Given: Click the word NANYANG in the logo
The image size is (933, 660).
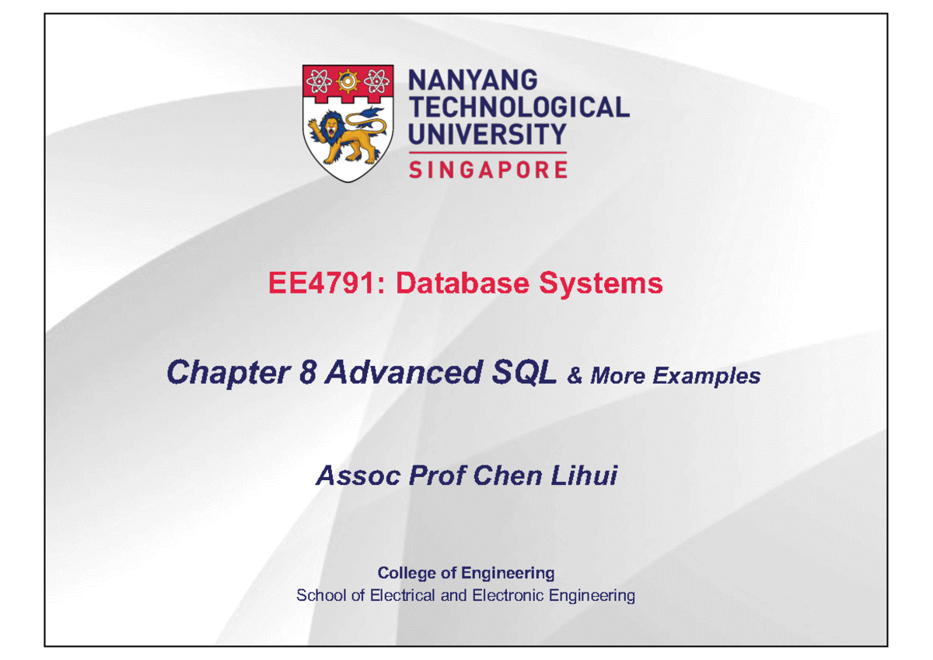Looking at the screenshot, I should coord(473,81).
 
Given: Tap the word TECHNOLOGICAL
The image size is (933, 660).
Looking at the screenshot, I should coord(519,107).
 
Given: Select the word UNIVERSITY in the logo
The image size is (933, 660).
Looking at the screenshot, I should coord(487,134).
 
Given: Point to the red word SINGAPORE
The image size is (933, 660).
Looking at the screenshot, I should coord(488,169).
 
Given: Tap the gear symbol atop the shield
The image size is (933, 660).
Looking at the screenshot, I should coord(347,79).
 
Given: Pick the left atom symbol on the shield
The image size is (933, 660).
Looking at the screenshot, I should coord(318,79).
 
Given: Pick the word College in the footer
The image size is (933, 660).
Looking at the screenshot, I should coord(405,574).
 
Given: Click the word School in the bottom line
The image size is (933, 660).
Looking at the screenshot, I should coord(316,596).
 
